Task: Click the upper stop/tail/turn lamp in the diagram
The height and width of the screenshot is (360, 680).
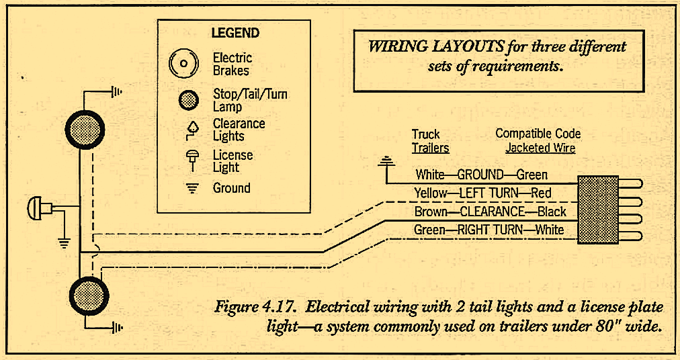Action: [x=85, y=128]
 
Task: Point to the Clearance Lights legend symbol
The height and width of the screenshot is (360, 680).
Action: [x=192, y=130]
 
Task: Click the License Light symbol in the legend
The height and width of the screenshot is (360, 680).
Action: [x=191, y=159]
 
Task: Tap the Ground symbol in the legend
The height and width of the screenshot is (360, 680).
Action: [x=192, y=189]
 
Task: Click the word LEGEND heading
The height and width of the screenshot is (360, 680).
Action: [x=235, y=32]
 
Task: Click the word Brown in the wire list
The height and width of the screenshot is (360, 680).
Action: [x=431, y=212]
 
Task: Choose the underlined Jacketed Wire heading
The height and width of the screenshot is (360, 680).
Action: [x=540, y=148]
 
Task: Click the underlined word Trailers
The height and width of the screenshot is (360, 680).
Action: [x=430, y=148]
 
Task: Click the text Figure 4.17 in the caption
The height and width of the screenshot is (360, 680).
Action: [x=256, y=308]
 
